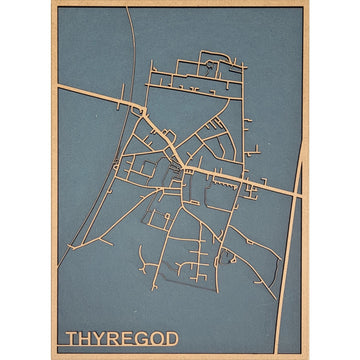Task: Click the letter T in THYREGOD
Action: click(71, 338)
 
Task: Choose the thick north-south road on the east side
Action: click(297, 260)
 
